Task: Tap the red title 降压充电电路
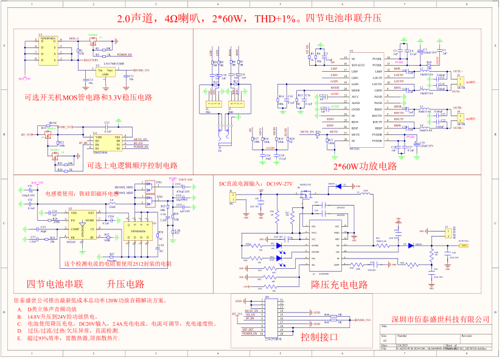pos(339,283)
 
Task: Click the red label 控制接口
pos(319,336)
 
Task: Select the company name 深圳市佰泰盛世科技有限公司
pos(441,319)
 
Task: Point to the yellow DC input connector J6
pos(232,196)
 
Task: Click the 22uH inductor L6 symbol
pos(112,203)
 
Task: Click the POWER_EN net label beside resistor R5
pos(126,55)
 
